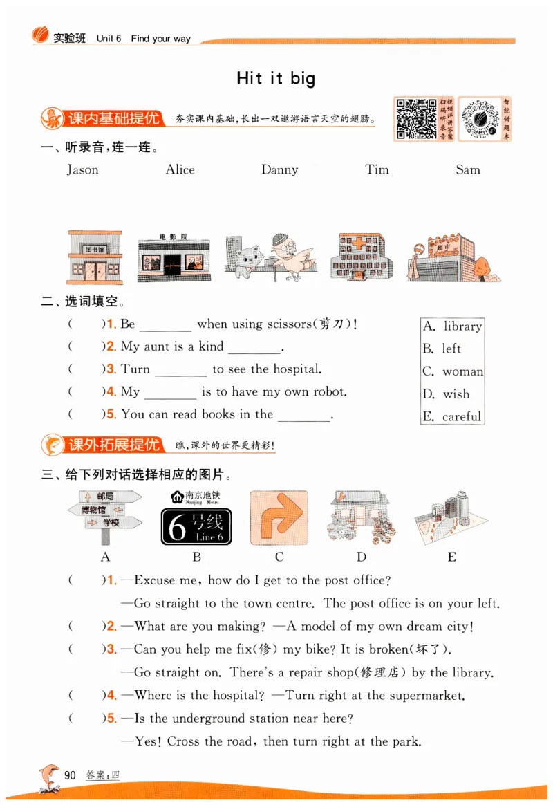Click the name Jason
pos(82,170)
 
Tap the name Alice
pos(180,170)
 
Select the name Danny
pos(279,170)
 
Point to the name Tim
pos(377,170)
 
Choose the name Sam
pos(468,170)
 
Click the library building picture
pos(95,257)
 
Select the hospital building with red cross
pos(361,257)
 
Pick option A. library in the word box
pos(453,326)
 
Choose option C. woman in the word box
pos(453,371)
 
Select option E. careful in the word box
pos(453,416)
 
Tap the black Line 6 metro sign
pos(196,527)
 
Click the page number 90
pos(70,775)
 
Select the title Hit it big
pos(276,78)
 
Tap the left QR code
pos(415,118)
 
